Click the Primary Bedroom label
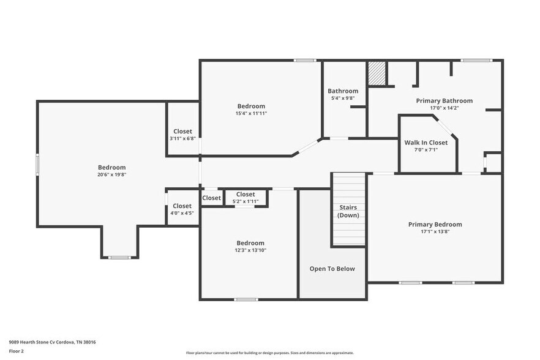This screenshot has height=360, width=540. pos(435,225)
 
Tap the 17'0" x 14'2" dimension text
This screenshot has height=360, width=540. pos(444,108)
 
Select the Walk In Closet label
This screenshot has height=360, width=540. pos(426,143)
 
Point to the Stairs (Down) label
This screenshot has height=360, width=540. pos(348,211)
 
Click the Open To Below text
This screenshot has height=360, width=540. pos(332,269)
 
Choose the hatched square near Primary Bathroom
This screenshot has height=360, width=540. pos(376,74)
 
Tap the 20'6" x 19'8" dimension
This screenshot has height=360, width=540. pos(111,174)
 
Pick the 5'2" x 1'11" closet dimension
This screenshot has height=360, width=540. pos(246,201)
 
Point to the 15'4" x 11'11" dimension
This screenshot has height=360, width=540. pos(251,113)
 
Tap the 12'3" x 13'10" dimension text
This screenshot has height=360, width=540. pos(250,250)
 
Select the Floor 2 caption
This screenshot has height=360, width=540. pos(16,351)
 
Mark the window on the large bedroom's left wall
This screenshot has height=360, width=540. pos(37,165)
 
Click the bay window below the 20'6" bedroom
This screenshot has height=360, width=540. pos(119,257)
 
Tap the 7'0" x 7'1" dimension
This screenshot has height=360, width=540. pos(426,150)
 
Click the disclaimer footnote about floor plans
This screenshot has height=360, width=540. pos(269,353)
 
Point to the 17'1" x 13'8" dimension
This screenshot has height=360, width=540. pos(435,232)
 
